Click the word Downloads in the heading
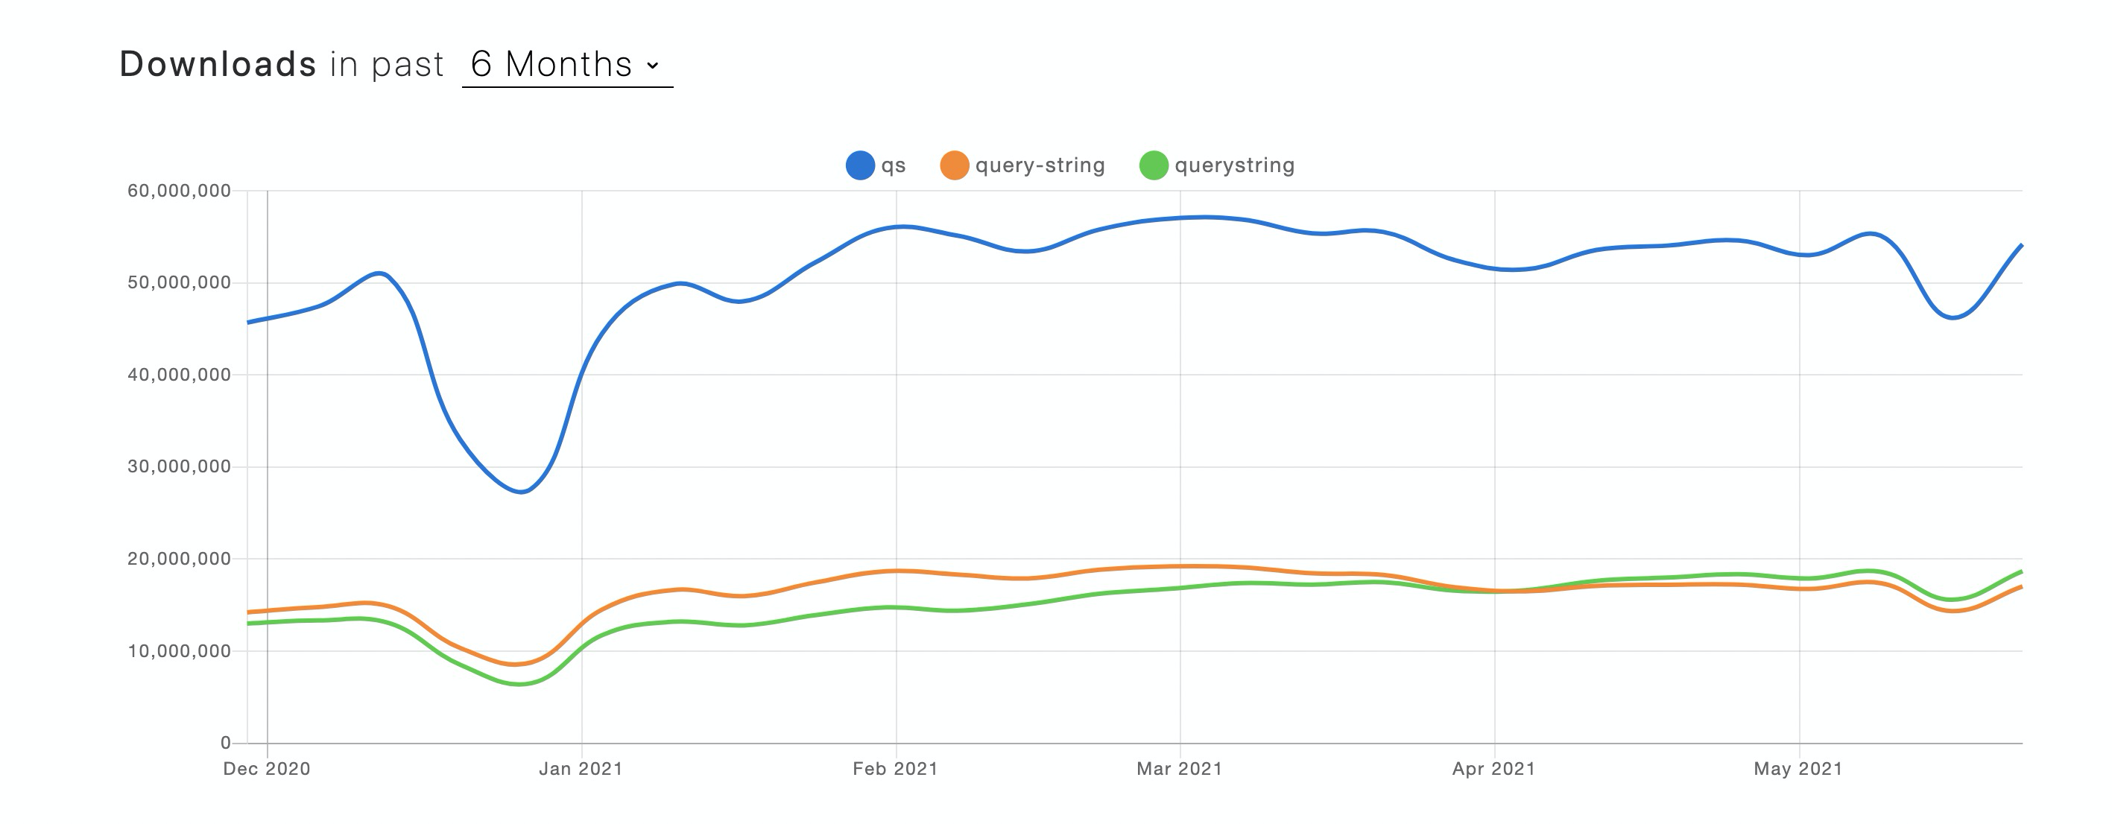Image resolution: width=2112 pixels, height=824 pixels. (x=218, y=64)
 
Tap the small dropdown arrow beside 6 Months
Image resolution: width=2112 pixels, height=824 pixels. (x=653, y=66)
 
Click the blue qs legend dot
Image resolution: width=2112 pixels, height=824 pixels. (x=860, y=165)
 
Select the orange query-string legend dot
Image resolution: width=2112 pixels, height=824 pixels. (x=955, y=165)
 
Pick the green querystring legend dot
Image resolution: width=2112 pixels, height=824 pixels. (x=1154, y=165)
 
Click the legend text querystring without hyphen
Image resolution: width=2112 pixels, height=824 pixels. (x=1234, y=165)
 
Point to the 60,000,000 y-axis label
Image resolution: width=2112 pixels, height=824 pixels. (x=179, y=191)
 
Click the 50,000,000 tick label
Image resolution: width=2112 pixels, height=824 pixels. (x=179, y=283)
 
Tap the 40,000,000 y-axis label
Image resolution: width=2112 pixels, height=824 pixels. (x=179, y=375)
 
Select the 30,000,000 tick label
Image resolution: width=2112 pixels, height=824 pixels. (x=179, y=466)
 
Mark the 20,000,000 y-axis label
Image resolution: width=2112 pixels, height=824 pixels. (x=179, y=560)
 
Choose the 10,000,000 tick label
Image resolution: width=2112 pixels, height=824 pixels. (x=179, y=651)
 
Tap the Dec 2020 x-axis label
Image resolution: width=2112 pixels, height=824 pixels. (x=267, y=769)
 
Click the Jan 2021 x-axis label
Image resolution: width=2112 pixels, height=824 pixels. (x=581, y=769)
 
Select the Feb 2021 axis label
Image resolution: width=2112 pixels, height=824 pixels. (x=894, y=769)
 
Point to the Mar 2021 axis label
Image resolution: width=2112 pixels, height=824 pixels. (x=1179, y=769)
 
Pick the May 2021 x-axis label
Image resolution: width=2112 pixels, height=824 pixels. (x=1798, y=769)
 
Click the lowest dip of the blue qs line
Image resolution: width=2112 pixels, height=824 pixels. (x=522, y=492)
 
